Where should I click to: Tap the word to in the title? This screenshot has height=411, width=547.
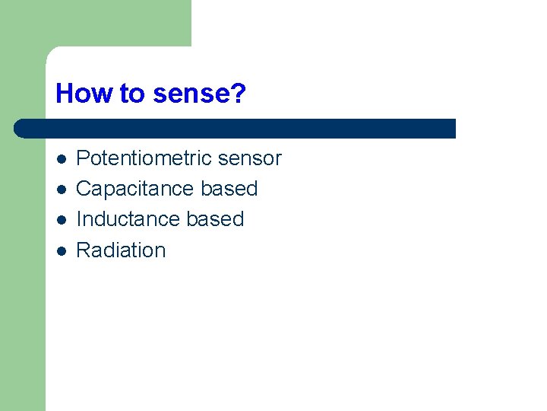(x=132, y=94)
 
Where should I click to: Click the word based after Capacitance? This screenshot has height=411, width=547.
(x=229, y=189)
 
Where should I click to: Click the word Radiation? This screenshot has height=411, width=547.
(x=122, y=250)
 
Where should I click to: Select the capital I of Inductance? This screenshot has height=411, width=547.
(x=80, y=219)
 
